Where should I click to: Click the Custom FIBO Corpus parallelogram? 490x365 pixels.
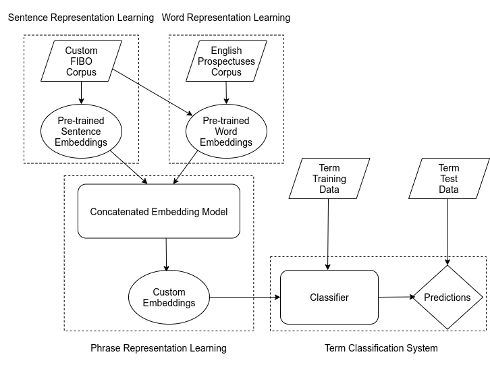81,61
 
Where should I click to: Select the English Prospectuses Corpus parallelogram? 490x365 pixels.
226,61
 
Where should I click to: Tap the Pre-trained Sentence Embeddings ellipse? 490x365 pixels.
81,132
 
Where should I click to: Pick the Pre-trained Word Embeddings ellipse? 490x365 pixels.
226,132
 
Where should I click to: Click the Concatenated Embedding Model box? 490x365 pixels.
159,211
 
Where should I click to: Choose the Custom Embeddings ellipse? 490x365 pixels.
169,297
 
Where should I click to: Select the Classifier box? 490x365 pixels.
329,297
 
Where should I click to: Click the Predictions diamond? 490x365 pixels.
447,297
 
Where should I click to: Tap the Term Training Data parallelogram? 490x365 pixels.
329,178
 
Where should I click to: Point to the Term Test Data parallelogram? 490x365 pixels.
449,178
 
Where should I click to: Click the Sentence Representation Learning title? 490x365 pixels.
81,18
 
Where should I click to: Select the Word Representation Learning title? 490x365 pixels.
226,18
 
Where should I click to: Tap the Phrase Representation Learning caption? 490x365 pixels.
159,348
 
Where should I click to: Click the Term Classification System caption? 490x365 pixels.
381,348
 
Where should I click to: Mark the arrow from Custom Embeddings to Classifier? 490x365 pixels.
245,297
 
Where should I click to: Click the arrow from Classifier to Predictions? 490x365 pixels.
397,297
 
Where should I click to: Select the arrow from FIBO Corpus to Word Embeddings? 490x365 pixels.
153,92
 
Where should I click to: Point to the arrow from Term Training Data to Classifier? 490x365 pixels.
328,234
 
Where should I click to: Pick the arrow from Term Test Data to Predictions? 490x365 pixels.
447,232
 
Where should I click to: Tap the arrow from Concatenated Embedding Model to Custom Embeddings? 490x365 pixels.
166,254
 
